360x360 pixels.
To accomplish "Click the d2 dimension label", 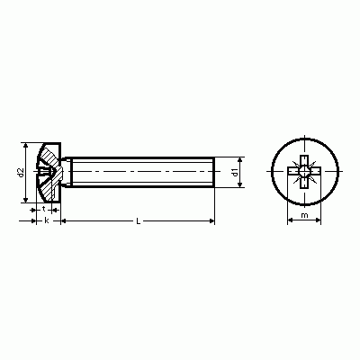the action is [21, 172].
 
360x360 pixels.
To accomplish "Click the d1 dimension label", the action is [235, 172].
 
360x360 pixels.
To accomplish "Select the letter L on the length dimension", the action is [138, 221].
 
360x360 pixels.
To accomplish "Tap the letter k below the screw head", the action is [47, 220].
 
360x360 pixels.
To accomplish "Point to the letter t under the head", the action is [44, 209].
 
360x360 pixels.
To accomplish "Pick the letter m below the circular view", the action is [304, 215].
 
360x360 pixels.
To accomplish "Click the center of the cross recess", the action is [304, 172].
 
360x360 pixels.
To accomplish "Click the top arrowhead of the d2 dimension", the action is [26, 146].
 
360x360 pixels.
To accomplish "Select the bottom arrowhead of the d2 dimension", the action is [26, 199].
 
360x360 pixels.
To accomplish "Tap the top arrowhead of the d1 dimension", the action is [239, 160].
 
